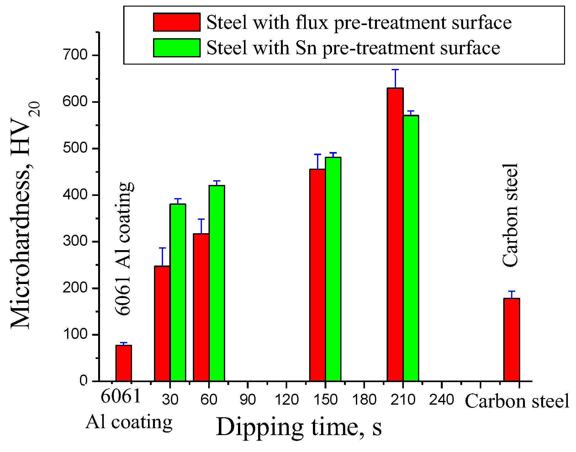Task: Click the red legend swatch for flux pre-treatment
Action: pos(177,22)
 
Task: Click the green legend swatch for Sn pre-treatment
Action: pos(177,48)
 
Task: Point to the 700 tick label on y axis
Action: pos(75,55)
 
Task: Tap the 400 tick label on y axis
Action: pos(75,195)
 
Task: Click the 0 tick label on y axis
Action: pos(83,381)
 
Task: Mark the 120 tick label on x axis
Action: pos(287,400)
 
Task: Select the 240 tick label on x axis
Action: pos(441,400)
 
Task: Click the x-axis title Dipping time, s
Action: pos(299,427)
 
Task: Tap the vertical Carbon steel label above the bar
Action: pos(510,215)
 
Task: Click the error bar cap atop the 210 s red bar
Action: pos(395,70)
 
